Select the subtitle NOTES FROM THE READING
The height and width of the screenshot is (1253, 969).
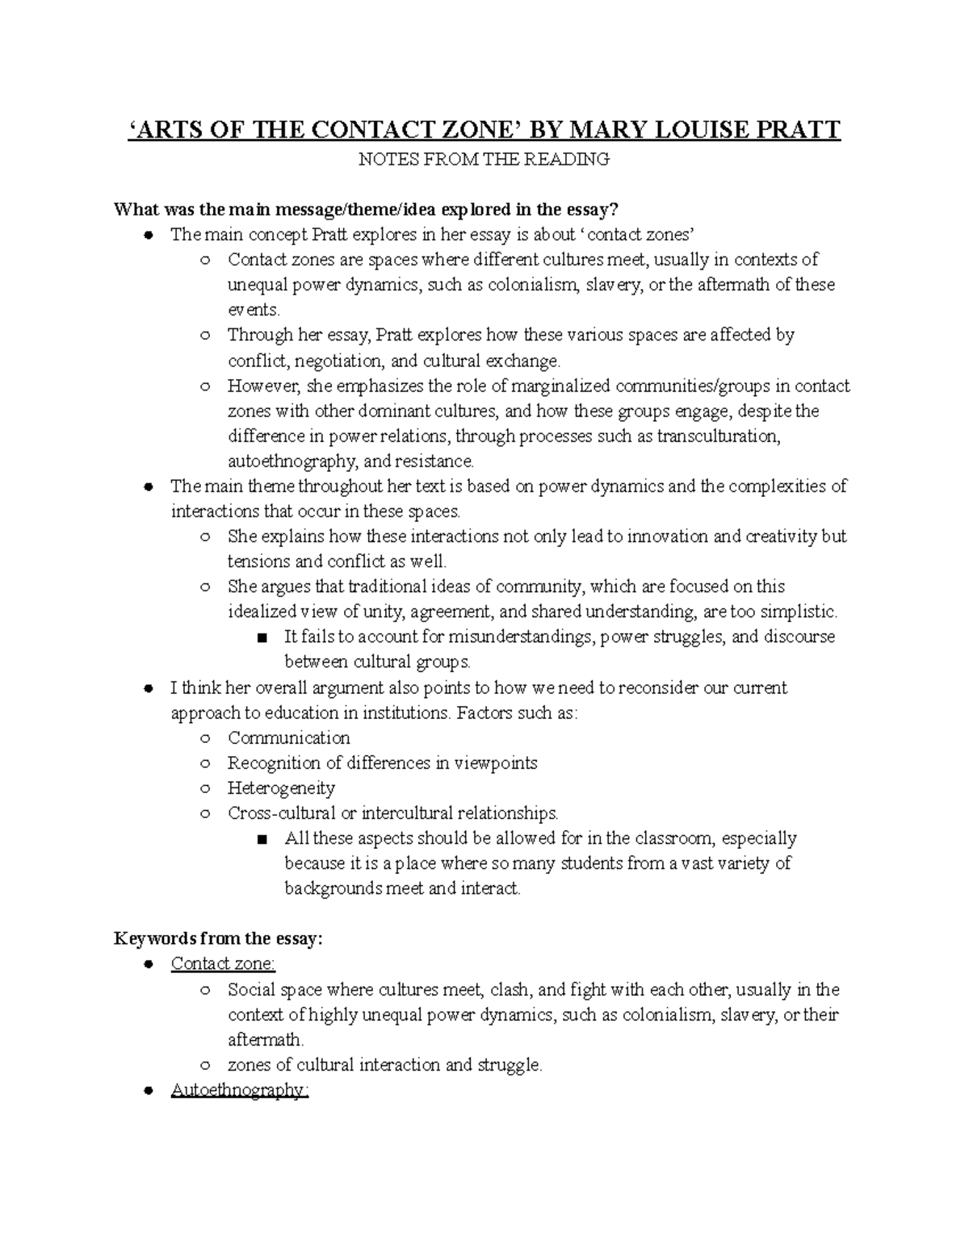(484, 159)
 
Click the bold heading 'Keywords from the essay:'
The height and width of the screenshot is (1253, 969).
(218, 938)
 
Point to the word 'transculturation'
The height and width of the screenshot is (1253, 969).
(718, 436)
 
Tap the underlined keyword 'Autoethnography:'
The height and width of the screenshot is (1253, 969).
(240, 1090)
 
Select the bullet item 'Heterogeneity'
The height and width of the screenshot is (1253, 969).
(281, 787)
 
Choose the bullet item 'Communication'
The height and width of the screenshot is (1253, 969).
(288, 737)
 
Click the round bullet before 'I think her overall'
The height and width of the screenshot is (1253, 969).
(148, 688)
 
